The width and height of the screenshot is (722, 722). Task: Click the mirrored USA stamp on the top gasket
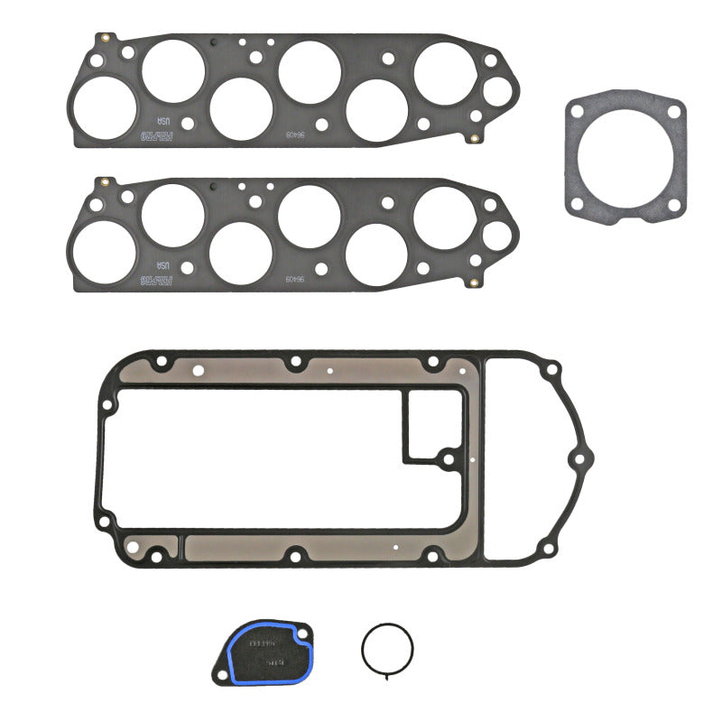click(163, 121)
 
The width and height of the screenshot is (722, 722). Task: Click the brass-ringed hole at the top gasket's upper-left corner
click(106, 38)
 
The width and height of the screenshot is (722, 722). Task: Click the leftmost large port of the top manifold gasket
click(104, 106)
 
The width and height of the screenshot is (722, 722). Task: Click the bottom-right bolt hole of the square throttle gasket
click(672, 206)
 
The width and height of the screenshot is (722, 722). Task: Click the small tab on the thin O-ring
click(388, 673)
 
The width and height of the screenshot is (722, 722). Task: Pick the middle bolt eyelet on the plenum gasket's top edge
click(295, 363)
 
